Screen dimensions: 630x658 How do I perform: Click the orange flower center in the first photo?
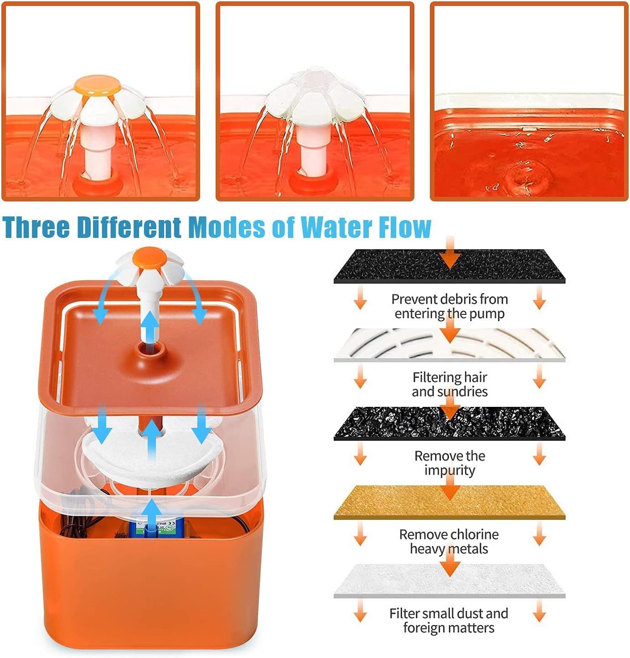(x=98, y=86)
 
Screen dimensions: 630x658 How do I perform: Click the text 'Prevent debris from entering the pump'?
(x=449, y=306)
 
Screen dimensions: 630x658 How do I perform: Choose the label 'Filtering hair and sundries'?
(x=449, y=385)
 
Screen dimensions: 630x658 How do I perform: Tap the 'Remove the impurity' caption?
(x=449, y=463)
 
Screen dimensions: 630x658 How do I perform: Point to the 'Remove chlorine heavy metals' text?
(x=449, y=541)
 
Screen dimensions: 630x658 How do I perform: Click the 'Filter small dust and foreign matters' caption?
(x=449, y=621)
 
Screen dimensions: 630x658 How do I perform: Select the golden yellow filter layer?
(x=449, y=503)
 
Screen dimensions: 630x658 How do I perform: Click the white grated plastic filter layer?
(x=449, y=345)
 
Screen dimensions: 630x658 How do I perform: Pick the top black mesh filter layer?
(x=449, y=266)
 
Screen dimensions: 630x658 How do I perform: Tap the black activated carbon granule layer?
(x=449, y=424)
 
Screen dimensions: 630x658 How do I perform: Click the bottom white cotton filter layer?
(x=449, y=581)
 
